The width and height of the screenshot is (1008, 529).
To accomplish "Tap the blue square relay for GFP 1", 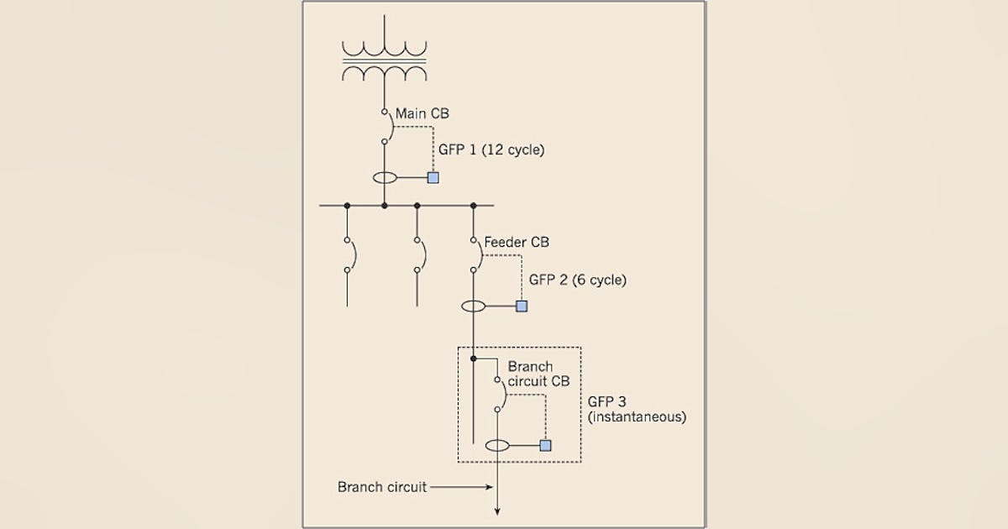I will [433, 177].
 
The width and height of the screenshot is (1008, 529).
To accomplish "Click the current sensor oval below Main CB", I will [385, 178].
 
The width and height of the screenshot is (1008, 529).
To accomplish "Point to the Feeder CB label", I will [517, 243].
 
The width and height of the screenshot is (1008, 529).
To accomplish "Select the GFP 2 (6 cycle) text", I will [576, 280].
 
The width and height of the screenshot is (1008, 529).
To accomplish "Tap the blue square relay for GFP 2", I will [522, 306].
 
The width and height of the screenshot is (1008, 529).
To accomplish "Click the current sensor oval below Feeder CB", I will [474, 306].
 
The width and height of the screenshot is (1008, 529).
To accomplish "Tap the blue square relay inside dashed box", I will [545, 445].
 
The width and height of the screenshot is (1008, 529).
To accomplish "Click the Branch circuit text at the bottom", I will [381, 486].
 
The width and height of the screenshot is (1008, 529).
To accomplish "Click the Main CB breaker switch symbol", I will [386, 126].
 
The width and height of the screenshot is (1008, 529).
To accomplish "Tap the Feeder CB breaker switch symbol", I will [475, 254].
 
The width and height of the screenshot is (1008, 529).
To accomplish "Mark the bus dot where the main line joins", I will [384, 205].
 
